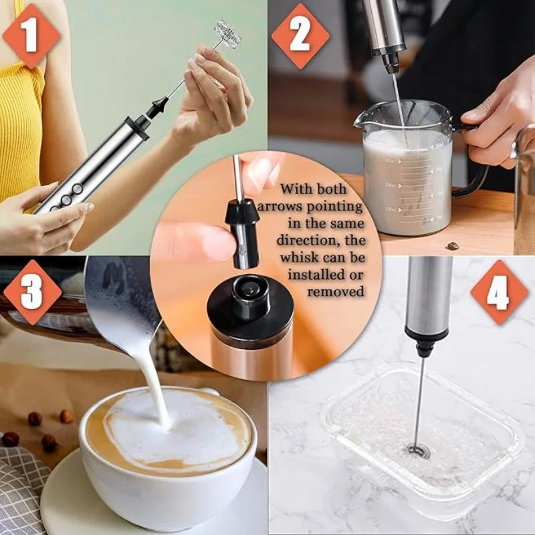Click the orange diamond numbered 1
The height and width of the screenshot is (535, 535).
click(x=31, y=35)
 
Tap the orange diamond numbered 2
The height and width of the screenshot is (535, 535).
click(x=300, y=36)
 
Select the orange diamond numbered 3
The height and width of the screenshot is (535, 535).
click(x=32, y=292)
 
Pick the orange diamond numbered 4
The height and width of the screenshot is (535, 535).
click(x=499, y=292)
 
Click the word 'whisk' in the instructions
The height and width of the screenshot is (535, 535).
click(x=299, y=257)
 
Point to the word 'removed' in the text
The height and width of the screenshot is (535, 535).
click(x=336, y=292)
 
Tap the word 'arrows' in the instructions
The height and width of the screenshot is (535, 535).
click(x=279, y=207)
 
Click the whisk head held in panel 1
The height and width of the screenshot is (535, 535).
click(x=227, y=35)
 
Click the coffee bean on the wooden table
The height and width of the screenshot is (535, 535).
click(x=453, y=245)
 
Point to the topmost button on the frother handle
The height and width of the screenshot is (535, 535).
click(x=78, y=188)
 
